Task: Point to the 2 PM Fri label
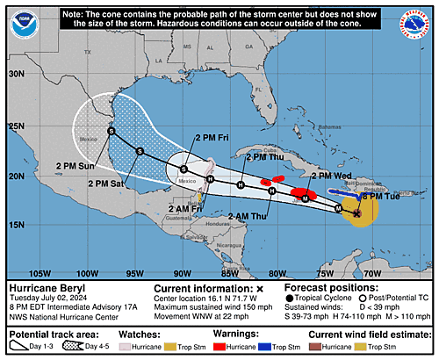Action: click(212, 137)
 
